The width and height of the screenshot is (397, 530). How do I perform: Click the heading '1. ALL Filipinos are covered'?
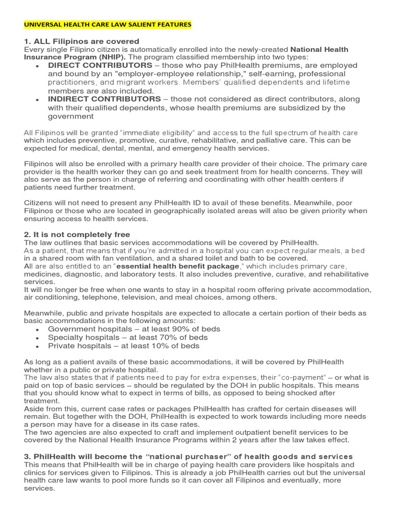point(82,41)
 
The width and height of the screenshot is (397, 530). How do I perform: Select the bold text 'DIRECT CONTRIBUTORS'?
point(100,66)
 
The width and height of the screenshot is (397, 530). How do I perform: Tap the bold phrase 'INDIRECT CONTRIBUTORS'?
point(104,99)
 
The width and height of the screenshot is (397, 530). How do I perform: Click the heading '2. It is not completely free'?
point(77,234)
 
